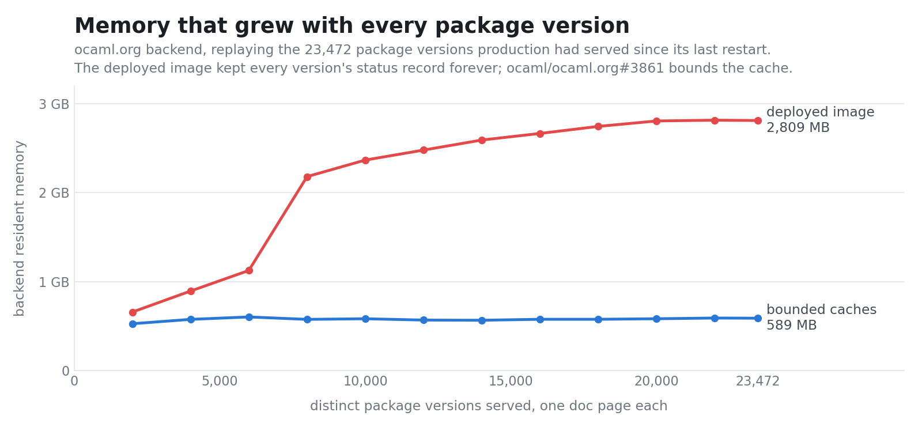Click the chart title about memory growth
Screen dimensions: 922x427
coord(352,26)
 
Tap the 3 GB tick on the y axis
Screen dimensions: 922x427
coord(54,104)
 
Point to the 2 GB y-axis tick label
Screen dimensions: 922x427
coord(54,192)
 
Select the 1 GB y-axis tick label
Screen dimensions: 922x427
coord(54,282)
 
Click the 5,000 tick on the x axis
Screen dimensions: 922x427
coord(220,381)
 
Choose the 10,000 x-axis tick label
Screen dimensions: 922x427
coord(365,381)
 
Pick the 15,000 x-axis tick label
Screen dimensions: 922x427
coord(511,381)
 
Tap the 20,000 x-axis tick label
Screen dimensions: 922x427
coord(656,381)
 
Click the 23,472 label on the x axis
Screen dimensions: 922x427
coord(757,381)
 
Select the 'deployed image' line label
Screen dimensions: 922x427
coord(821,112)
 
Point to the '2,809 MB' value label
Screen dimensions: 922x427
coord(798,128)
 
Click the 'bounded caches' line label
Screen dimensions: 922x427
coord(821,309)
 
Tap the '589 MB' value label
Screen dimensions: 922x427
coord(791,326)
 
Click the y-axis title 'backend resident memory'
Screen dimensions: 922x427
coord(20,229)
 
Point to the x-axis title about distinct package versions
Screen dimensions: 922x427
coord(489,406)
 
